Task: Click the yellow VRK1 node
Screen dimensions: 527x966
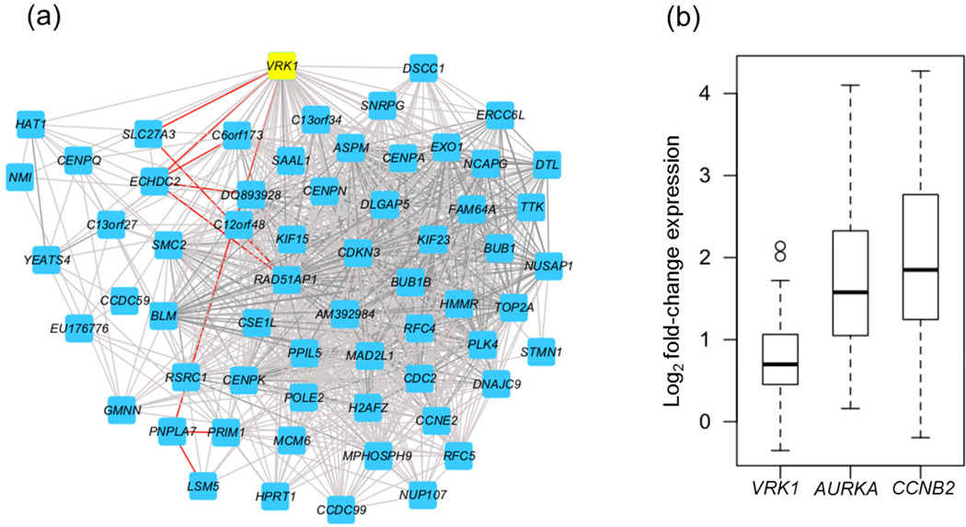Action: [281, 66]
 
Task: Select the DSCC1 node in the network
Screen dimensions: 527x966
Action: [423, 68]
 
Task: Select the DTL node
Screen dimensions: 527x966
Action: [546, 165]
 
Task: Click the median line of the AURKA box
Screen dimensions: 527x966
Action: [844, 292]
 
